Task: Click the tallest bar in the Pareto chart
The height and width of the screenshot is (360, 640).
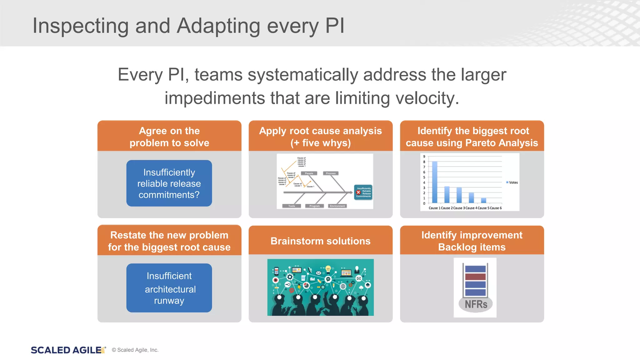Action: (435, 182)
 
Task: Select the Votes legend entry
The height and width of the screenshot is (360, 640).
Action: (513, 182)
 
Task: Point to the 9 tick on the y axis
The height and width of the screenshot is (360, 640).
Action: (424, 157)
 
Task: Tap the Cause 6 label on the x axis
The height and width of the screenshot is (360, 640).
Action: (496, 208)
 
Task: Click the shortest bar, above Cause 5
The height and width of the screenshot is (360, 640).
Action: (483, 200)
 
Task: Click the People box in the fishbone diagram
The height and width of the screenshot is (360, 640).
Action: (309, 173)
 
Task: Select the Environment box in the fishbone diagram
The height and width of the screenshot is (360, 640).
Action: (337, 206)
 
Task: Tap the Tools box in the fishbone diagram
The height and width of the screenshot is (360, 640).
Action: (292, 206)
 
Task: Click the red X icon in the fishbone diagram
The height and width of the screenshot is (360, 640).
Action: (358, 192)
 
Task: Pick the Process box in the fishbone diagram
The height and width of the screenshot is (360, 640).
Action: (331, 173)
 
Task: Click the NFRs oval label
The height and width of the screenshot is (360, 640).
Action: (476, 304)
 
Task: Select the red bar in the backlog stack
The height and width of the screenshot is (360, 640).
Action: (475, 277)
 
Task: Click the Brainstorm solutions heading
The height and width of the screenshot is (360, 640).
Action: (320, 241)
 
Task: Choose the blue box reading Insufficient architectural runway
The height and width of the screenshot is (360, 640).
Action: (169, 288)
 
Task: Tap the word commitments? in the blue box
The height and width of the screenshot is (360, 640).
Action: (169, 195)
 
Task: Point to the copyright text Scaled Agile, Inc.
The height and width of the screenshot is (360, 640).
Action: (137, 350)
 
